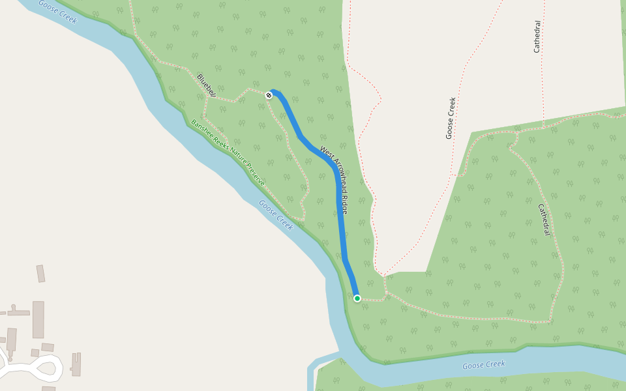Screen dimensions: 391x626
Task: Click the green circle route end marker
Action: tap(357, 298)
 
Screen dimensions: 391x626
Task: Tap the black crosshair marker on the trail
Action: tap(269, 95)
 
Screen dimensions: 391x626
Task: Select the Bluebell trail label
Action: tap(207, 85)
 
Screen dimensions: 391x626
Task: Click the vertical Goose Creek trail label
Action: tap(450, 118)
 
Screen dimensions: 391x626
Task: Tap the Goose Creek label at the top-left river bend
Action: tap(57, 12)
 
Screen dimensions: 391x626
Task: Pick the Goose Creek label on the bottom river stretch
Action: tap(484, 365)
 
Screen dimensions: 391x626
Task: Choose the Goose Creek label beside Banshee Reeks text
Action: tap(276, 214)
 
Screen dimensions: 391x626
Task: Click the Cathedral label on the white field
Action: tap(537, 36)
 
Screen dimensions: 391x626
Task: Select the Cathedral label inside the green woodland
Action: tap(545, 220)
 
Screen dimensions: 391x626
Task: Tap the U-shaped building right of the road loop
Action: tap(76, 364)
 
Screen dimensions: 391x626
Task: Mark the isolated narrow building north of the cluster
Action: tap(40, 274)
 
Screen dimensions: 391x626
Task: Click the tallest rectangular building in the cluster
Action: tap(38, 319)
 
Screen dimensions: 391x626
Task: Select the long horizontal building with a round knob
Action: tap(18, 313)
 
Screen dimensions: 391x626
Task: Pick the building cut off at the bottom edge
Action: tap(48, 388)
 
